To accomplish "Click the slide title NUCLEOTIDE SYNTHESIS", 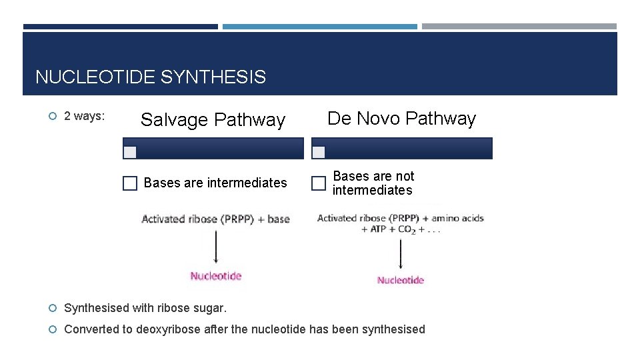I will pos(151,77).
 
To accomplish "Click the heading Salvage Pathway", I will pos(213,120).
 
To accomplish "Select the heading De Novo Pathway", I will pos(401,119).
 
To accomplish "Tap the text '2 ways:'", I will pos(84,116).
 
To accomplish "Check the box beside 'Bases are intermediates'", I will pos(130,183).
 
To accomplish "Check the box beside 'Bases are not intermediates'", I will pos(319,183).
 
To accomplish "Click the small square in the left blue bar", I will pos(131,152).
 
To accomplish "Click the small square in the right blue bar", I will pos(319,152).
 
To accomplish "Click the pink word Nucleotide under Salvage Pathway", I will pos(215,276).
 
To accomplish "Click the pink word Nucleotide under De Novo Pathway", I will pos(400,280).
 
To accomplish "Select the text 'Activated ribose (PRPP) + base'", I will pos(215,219).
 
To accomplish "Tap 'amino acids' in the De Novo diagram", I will pos(457,218).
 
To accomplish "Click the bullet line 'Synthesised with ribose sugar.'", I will pos(145,308).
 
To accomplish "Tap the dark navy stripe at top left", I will pos(120,27).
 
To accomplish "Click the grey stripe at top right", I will pos(519,27).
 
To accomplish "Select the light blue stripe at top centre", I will pos(319,27).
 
